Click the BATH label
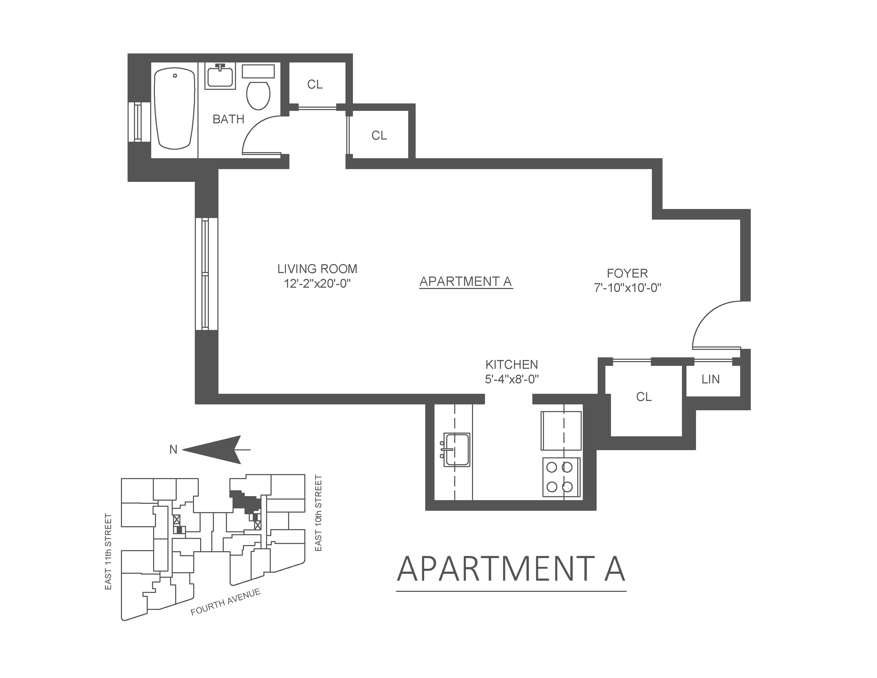[x=228, y=119]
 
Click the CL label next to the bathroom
[x=315, y=84]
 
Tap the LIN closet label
[x=710, y=379]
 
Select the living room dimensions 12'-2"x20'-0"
[x=317, y=284]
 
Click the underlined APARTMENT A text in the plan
[x=466, y=282]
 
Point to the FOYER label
[x=627, y=274]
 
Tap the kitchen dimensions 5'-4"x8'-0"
[x=512, y=379]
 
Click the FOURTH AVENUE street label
[x=225, y=602]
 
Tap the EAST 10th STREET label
[x=318, y=513]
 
